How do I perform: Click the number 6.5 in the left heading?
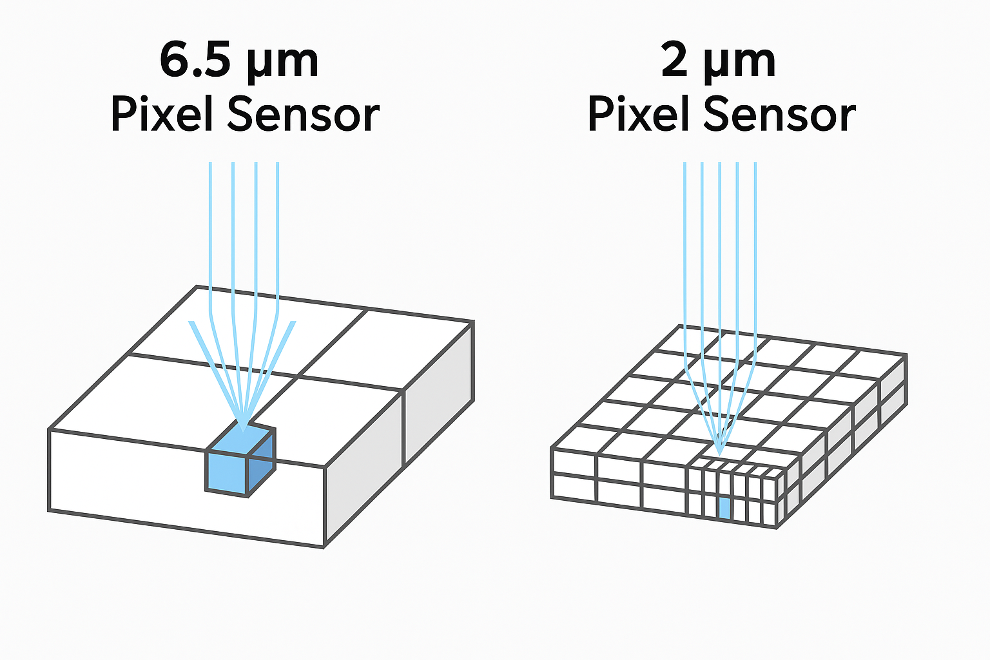[x=193, y=61]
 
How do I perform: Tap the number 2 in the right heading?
[x=674, y=61]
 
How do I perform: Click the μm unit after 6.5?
[x=282, y=63]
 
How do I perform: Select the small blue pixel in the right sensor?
[x=724, y=508]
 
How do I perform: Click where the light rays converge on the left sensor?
[x=242, y=427]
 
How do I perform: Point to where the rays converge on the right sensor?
[x=720, y=451]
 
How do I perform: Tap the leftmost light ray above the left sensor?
[x=210, y=232]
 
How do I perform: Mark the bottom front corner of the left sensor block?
[x=323, y=547]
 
